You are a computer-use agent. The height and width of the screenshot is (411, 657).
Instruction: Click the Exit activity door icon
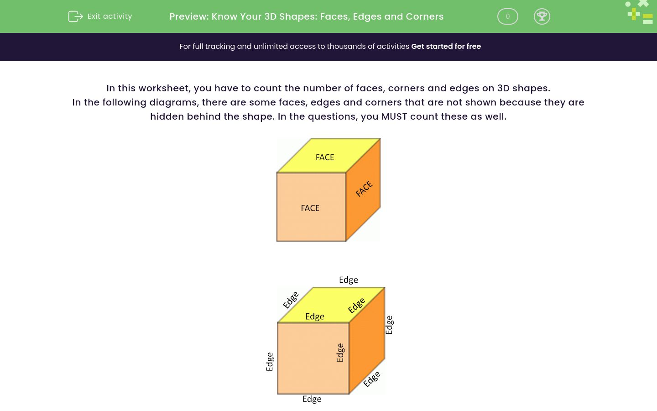[x=75, y=16]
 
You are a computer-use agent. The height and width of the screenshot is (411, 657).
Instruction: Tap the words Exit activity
[x=109, y=16]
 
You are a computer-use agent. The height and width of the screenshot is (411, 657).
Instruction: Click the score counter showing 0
[x=507, y=16]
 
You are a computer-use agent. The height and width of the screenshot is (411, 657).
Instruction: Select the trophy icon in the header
[x=542, y=16]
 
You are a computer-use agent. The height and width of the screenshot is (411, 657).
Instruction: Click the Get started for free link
[x=446, y=47]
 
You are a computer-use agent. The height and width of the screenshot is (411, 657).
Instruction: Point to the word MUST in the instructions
[x=394, y=116]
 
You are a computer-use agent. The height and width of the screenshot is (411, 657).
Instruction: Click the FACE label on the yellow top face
[x=325, y=158]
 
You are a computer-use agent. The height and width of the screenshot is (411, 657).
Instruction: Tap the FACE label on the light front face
[x=310, y=208]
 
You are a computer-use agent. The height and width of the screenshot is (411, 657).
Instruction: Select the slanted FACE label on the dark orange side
[x=364, y=189]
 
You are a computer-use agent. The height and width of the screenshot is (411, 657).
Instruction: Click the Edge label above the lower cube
[x=348, y=280]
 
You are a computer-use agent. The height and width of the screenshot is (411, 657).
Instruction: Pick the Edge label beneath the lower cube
[x=312, y=399]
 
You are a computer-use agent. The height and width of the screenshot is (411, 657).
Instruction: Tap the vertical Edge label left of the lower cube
[x=270, y=362]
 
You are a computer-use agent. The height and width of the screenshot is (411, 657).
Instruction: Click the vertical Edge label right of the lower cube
[x=389, y=325]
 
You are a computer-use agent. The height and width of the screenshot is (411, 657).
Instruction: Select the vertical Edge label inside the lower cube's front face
[x=340, y=353]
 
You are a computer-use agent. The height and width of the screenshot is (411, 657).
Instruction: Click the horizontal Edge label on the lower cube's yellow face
[x=315, y=316]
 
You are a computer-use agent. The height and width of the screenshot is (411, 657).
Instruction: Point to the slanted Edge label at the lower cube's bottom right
[x=372, y=379]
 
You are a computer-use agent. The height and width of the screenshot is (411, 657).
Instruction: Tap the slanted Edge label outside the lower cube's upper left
[x=291, y=300]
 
